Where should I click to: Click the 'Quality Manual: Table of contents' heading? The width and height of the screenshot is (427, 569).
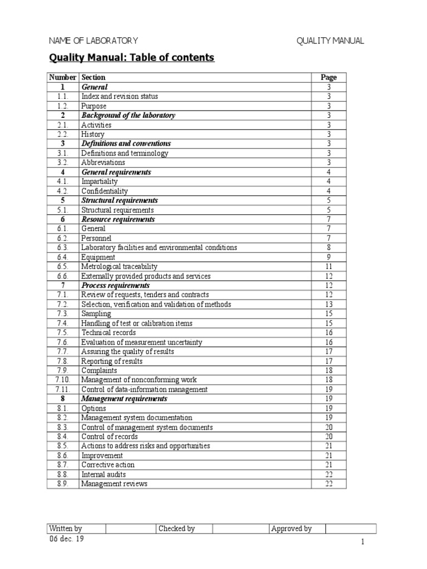point(132,58)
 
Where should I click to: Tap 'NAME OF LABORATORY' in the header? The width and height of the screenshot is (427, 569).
point(93,41)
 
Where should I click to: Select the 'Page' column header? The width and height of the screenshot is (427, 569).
point(329,77)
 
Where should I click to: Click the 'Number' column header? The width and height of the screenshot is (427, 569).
point(63,77)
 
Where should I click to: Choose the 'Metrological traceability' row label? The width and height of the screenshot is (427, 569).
point(119,267)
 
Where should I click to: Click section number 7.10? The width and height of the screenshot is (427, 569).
point(63,380)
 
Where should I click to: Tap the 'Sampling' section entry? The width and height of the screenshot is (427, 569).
point(96,314)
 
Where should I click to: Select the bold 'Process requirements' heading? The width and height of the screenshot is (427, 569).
point(116,286)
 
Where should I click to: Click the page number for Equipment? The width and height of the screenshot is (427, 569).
point(329,257)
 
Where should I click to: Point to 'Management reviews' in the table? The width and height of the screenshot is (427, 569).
point(114,484)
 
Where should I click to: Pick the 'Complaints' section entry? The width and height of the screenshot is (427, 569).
point(99,370)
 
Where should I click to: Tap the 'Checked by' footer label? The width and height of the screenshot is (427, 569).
point(177,528)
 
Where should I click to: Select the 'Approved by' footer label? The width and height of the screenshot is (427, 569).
point(291,528)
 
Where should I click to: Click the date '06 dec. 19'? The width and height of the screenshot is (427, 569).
point(67,539)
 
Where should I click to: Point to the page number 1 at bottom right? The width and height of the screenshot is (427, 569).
point(362,543)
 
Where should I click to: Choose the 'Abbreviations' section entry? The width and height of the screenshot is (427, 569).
point(103,162)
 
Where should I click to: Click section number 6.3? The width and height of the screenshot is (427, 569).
point(63,247)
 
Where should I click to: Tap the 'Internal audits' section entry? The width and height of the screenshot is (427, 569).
point(103,475)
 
